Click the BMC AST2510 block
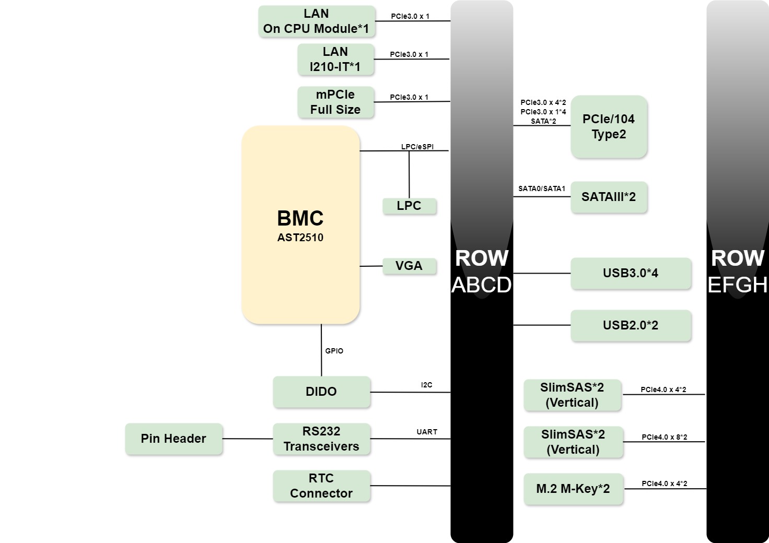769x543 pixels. coord(300,225)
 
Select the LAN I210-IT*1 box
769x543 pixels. coord(335,60)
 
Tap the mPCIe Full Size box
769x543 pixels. coord(335,102)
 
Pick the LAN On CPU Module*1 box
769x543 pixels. coord(316,21)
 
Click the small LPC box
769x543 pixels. coord(409,206)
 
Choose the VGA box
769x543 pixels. coord(409,266)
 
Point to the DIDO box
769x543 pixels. coord(321,392)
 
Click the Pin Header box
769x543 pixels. coord(173,439)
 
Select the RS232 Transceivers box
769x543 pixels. coord(321,439)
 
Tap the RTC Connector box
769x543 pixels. coord(321,486)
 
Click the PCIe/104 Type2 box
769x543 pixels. coord(609,127)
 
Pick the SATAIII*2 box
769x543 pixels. coord(609,197)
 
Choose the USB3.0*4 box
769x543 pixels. coord(631,273)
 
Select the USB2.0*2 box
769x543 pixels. coord(631,325)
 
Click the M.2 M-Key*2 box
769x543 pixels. coord(573,489)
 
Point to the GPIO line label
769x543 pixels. coord(334,351)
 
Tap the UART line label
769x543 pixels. coord(427,432)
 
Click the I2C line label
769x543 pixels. coord(427,385)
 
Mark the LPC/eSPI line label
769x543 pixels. coord(417,147)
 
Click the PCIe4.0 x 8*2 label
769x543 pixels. coord(664,437)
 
